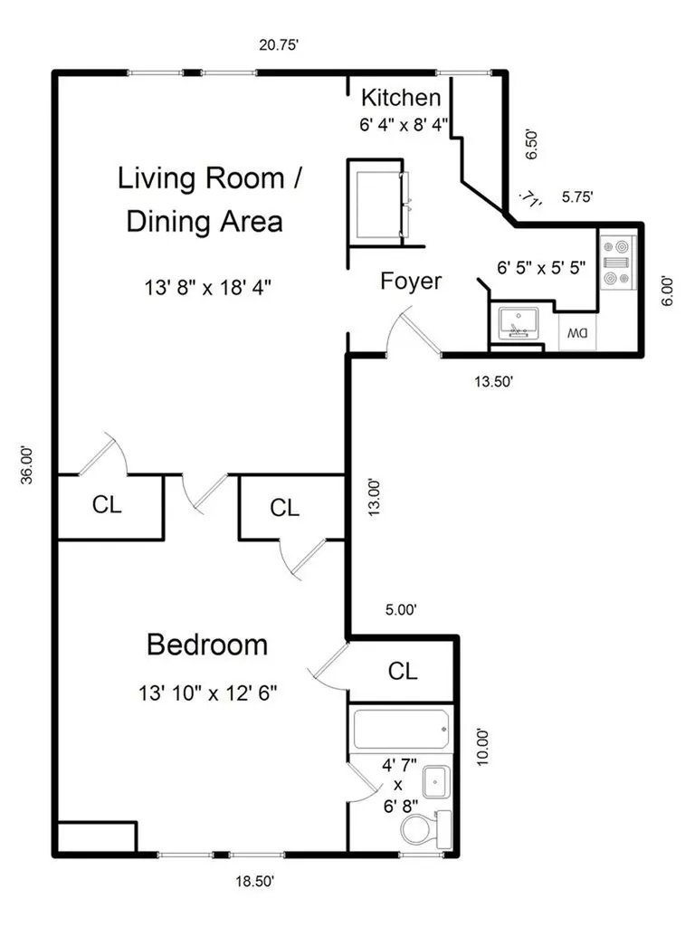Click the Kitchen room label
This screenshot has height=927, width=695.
pos(401,98)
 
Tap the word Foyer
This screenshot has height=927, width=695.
pos(411,281)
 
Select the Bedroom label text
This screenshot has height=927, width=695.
pos(207,645)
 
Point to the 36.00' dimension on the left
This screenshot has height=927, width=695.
pos(27,465)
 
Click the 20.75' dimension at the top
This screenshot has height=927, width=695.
pos(279,45)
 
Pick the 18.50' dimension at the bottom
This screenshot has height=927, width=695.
pos(254,882)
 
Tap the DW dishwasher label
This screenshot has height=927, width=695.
pos(577,333)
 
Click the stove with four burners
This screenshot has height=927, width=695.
pos(617,262)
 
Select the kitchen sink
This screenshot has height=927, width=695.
pos(519,323)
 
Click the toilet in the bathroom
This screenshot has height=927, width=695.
pos(425,829)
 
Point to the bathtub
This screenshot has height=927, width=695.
pos(401,730)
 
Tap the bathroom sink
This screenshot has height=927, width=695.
pos(436,782)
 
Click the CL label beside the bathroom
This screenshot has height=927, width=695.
pos(403,671)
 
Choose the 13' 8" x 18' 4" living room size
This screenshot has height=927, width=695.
pos(208,288)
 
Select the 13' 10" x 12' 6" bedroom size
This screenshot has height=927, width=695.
pos(208,693)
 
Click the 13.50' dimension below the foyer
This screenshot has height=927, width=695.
pos(493,381)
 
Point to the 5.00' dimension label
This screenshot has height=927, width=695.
pos(401,609)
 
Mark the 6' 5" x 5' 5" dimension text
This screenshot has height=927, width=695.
pos(541,268)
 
